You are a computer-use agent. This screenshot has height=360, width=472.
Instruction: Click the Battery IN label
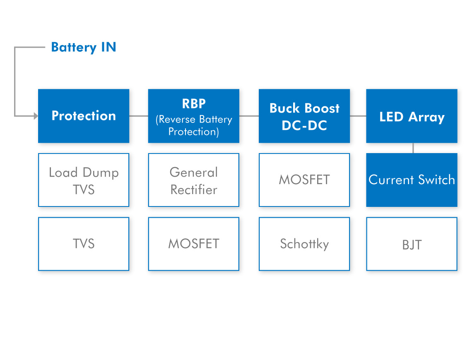[x=84, y=47]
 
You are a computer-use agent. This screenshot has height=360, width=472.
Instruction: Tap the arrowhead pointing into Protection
[x=36, y=116]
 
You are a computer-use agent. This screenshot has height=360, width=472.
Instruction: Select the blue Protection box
[x=84, y=116]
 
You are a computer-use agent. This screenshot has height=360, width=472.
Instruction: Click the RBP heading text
[x=194, y=104]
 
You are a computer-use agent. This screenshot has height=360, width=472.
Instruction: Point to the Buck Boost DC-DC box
[x=304, y=116]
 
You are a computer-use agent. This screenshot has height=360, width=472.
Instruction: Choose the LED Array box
[x=412, y=116]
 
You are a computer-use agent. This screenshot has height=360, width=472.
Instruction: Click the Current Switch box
[x=412, y=180]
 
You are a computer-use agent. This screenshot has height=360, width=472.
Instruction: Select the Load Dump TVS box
[x=84, y=180]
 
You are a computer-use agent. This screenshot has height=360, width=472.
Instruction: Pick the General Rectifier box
[x=194, y=180]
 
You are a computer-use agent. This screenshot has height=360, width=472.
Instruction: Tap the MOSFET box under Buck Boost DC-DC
[x=304, y=180]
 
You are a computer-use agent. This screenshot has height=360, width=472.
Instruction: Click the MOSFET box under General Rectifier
[x=194, y=244]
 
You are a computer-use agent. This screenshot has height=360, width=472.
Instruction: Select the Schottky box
[x=304, y=244]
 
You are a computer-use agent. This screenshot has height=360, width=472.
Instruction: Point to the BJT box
[x=412, y=244]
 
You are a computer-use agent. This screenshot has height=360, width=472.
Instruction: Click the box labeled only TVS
[x=84, y=244]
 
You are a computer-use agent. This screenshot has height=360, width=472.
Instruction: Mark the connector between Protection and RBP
[x=139, y=116]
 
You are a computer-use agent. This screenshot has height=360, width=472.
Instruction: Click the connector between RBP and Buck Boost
[x=249, y=116]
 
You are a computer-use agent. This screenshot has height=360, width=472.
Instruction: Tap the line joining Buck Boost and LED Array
[x=358, y=116]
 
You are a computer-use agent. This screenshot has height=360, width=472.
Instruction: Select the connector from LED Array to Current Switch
[x=413, y=148]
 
